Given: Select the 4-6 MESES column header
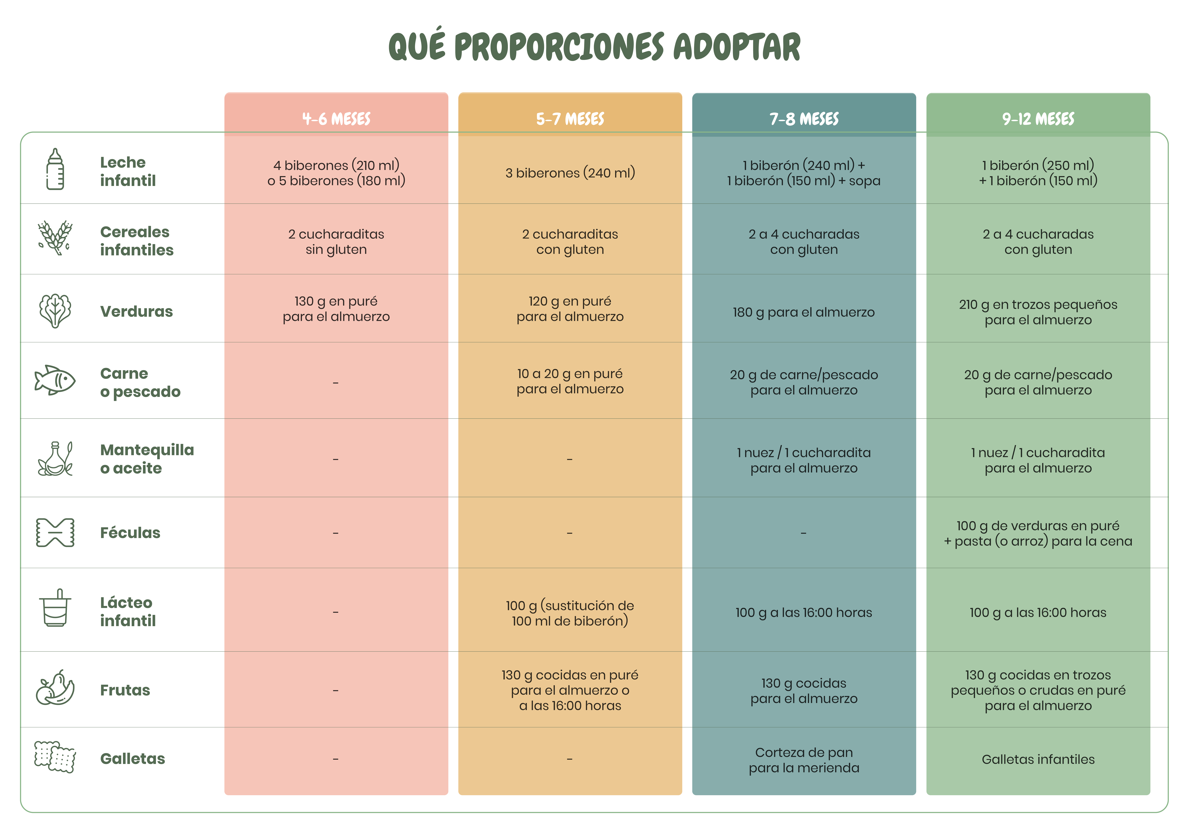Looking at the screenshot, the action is (x=336, y=119).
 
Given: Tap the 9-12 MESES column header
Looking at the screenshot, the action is (x=1038, y=119).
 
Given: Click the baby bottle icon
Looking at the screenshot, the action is (x=55, y=169).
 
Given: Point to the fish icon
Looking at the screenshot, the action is (x=55, y=380).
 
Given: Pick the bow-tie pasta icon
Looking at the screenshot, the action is (x=55, y=532).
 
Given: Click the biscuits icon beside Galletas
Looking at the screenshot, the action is (x=55, y=757).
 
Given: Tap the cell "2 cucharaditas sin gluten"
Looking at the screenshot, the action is (x=336, y=241).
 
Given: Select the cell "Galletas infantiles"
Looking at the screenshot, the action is (x=1038, y=759).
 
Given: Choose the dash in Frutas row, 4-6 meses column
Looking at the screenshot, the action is (x=335, y=691).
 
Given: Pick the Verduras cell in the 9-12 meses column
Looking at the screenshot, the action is (x=1038, y=312).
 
